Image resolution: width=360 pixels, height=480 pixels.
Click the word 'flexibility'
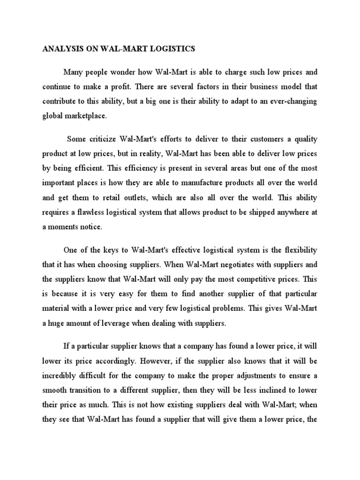coord(297,250)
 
